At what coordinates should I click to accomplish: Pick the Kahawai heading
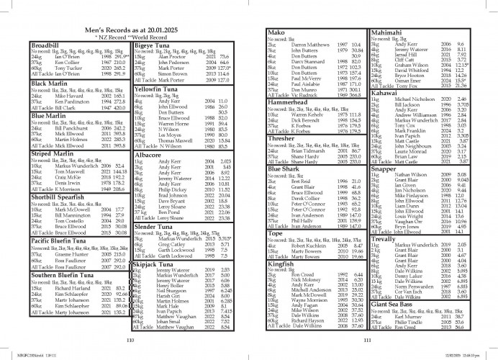386,93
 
